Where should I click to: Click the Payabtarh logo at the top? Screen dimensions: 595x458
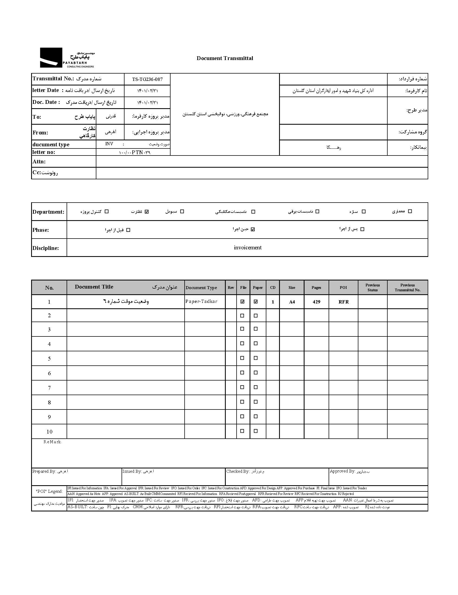click(x=67, y=58)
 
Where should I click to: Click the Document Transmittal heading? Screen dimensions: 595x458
click(x=225, y=58)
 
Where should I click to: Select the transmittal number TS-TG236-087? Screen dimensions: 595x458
click(x=147, y=79)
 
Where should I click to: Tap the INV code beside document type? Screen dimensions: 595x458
click(x=109, y=144)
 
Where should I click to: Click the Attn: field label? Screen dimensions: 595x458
click(x=39, y=161)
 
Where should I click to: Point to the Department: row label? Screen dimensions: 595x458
click(x=48, y=211)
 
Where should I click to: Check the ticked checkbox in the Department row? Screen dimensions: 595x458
click(x=147, y=211)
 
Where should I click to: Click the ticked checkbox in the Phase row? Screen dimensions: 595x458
click(x=253, y=229)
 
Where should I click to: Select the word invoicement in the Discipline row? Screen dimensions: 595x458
click(x=247, y=247)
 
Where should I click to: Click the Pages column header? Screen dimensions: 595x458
click(x=316, y=287)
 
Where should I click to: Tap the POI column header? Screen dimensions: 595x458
click(x=343, y=287)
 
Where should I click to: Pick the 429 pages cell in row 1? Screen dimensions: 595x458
click(x=316, y=302)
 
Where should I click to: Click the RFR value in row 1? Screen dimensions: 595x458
click(x=343, y=302)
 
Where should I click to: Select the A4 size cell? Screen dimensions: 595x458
click(x=292, y=302)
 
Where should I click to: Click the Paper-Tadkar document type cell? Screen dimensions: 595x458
click(x=201, y=302)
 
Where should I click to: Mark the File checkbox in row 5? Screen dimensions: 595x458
click(x=242, y=358)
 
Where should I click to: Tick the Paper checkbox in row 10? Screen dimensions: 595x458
click(x=256, y=431)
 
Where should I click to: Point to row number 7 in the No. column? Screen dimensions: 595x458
click(x=49, y=388)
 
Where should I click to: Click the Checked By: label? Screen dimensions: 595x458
click(x=237, y=471)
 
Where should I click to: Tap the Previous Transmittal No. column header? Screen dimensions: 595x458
click(x=407, y=287)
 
